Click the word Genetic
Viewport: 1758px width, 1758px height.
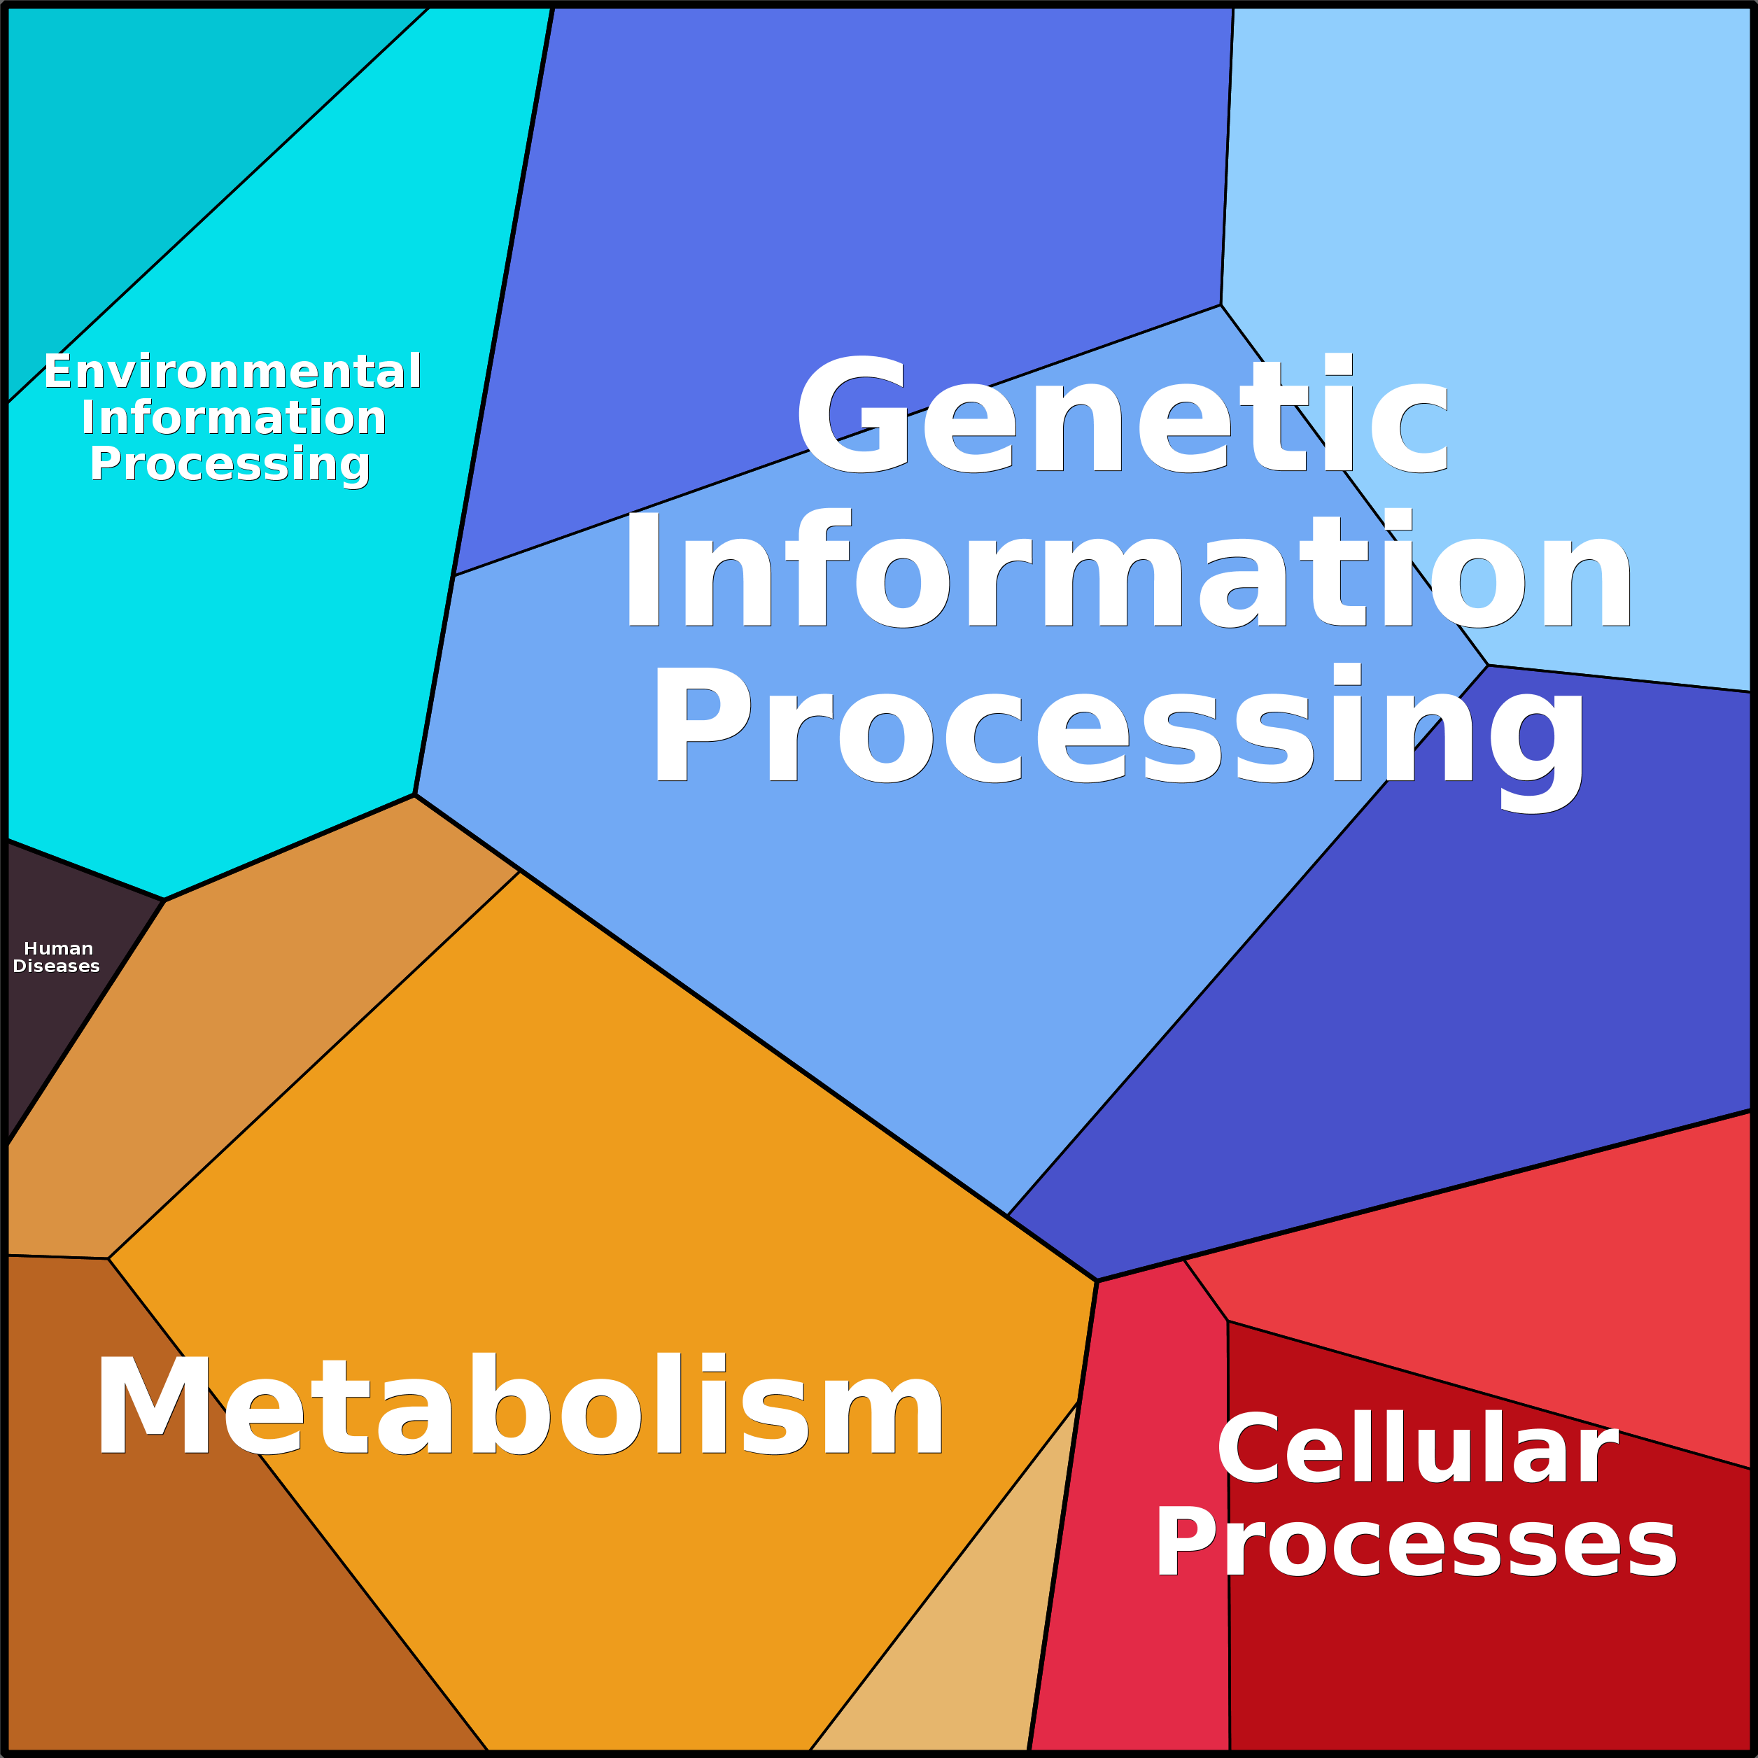pos(1121,415)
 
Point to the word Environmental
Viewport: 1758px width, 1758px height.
pos(233,371)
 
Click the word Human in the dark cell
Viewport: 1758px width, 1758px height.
pos(58,948)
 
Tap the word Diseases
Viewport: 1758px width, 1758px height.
pos(57,966)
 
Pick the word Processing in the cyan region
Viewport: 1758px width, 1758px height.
pos(230,464)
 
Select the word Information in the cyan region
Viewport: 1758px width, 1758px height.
pos(234,418)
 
